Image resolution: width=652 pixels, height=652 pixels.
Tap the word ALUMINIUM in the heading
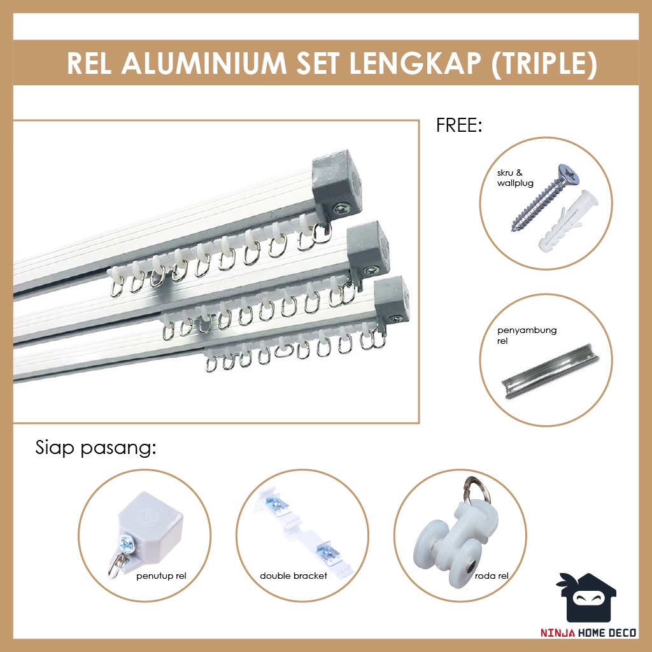tap(204, 63)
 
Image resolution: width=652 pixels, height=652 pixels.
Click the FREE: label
tap(459, 125)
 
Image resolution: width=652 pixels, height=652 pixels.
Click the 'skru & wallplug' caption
tap(515, 178)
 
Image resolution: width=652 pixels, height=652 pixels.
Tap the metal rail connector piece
tap(551, 371)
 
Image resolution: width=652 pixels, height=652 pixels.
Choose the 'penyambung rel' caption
tap(527, 336)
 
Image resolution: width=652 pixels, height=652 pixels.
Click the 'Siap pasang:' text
tap(96, 448)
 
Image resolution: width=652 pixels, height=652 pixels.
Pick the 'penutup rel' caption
tap(161, 576)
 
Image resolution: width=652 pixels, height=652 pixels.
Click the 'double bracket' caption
tap(293, 576)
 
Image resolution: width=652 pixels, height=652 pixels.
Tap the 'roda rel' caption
tap(492, 576)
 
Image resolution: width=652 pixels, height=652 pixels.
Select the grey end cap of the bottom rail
tap(392, 298)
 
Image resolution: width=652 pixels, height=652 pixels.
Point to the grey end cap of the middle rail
tap(368, 247)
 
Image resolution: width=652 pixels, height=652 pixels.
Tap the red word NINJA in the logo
tap(558, 633)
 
